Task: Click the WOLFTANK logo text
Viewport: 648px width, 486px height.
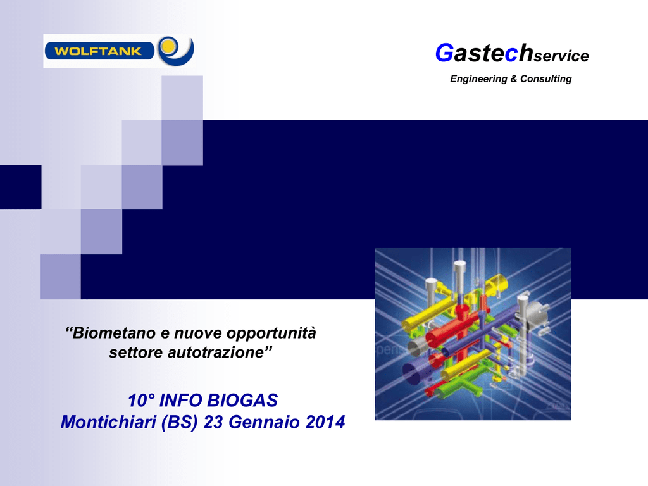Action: pyautogui.click(x=98, y=51)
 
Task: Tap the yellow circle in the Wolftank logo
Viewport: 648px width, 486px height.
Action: pyautogui.click(x=168, y=46)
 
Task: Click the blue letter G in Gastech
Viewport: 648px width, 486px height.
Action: pyautogui.click(x=444, y=53)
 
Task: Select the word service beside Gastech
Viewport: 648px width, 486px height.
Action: pyautogui.click(x=561, y=56)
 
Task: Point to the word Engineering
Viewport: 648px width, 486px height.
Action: pyautogui.click(x=478, y=79)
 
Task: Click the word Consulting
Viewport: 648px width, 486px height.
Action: pyautogui.click(x=546, y=79)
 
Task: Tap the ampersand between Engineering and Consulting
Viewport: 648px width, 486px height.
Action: pyautogui.click(x=514, y=78)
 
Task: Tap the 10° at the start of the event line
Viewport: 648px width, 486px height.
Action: pyautogui.click(x=141, y=401)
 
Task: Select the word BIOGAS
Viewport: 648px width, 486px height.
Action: pyautogui.click(x=242, y=401)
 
